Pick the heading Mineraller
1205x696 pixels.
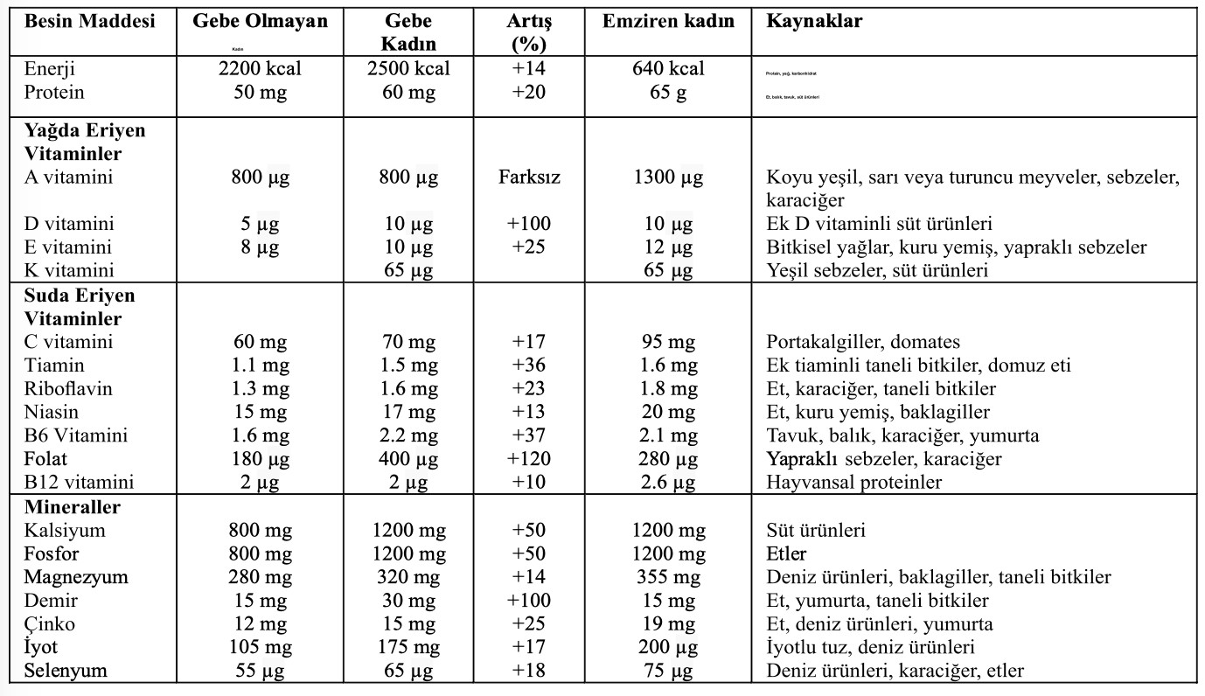[x=73, y=507]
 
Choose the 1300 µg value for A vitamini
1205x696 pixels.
[x=669, y=177]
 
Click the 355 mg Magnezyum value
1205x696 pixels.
[x=669, y=577]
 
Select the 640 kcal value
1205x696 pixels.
[x=669, y=69]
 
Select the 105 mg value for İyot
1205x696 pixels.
[x=261, y=648]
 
